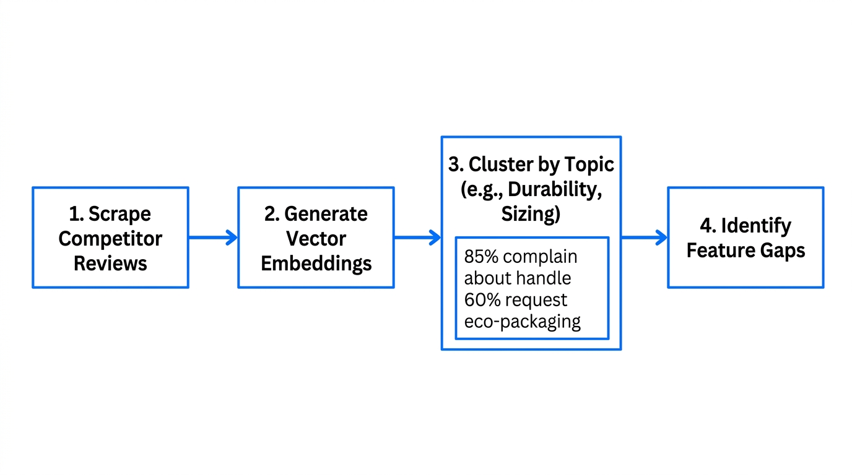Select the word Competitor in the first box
110,239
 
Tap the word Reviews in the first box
110,263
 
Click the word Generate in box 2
326,214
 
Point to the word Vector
316,239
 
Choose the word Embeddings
316,263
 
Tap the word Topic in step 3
589,165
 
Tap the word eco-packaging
522,322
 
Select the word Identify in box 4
756,226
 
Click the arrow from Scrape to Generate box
213,237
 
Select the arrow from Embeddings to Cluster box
417,237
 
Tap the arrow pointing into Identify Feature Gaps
644,237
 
